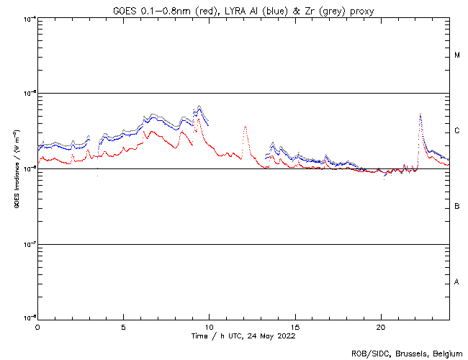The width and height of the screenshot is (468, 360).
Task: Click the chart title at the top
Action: [244, 10]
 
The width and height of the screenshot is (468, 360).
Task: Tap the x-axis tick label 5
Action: [123, 326]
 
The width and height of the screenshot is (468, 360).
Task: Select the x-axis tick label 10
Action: [209, 326]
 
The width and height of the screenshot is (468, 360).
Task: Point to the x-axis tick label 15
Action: [295, 326]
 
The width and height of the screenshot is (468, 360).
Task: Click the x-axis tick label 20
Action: [381, 326]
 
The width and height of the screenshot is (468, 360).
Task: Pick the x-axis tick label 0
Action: [37, 326]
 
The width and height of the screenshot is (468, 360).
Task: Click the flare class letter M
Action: [457, 55]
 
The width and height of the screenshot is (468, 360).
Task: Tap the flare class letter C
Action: [457, 131]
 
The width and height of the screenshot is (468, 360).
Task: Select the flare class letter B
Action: [457, 207]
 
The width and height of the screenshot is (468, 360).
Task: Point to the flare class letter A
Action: [457, 282]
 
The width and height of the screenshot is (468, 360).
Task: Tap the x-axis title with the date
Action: [243, 336]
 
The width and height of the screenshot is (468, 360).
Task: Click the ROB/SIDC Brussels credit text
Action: [407, 353]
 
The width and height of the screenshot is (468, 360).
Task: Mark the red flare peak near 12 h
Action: [245, 127]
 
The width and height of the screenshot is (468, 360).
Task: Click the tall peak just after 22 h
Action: [420, 114]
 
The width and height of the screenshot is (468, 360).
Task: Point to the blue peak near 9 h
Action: [199, 107]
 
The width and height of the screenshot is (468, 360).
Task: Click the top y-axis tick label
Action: [29, 18]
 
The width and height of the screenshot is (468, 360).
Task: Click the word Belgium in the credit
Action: [447, 353]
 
